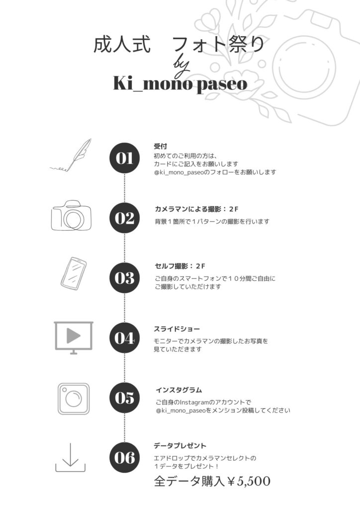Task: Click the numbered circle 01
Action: click(x=125, y=158)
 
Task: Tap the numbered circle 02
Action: click(x=125, y=218)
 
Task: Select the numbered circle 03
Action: click(x=125, y=278)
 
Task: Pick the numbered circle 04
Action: click(x=125, y=338)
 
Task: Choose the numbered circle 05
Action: click(x=125, y=398)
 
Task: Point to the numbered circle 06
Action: click(x=125, y=458)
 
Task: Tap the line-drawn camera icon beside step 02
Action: click(x=71, y=216)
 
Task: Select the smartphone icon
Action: click(x=74, y=273)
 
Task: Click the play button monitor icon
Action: click(x=74, y=338)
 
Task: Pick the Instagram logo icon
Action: click(x=74, y=399)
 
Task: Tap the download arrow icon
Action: click(x=71, y=457)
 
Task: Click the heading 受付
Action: click(x=161, y=146)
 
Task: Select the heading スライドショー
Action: click(x=177, y=329)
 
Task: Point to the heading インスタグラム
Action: click(x=179, y=390)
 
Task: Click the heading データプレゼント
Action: click(x=180, y=446)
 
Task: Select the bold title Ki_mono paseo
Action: click(x=180, y=84)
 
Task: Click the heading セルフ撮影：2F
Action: click(x=180, y=266)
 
